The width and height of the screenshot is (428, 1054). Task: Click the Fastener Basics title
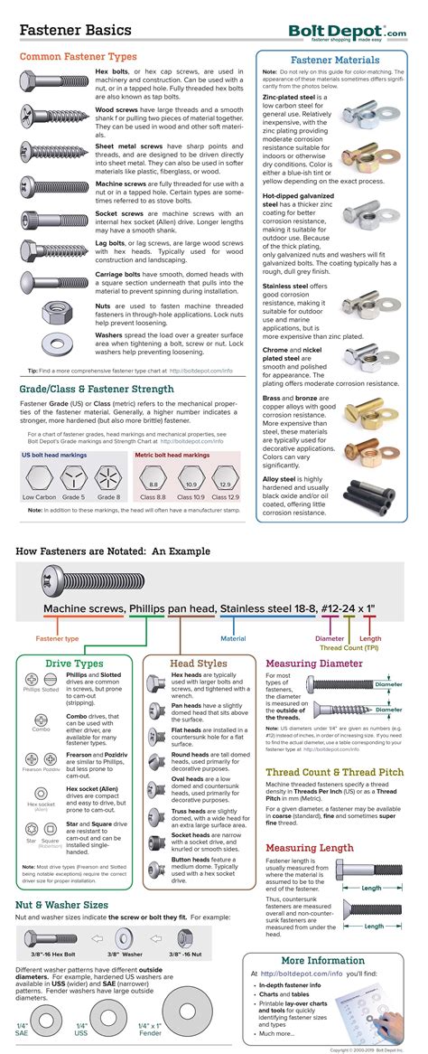pos(75,30)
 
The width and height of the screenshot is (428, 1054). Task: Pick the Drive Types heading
pos(75,663)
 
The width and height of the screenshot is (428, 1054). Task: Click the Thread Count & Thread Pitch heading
pos(333,771)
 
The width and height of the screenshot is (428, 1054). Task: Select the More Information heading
pos(323,960)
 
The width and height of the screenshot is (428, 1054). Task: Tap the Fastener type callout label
pos(57,638)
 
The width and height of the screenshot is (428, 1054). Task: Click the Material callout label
pos(233,638)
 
